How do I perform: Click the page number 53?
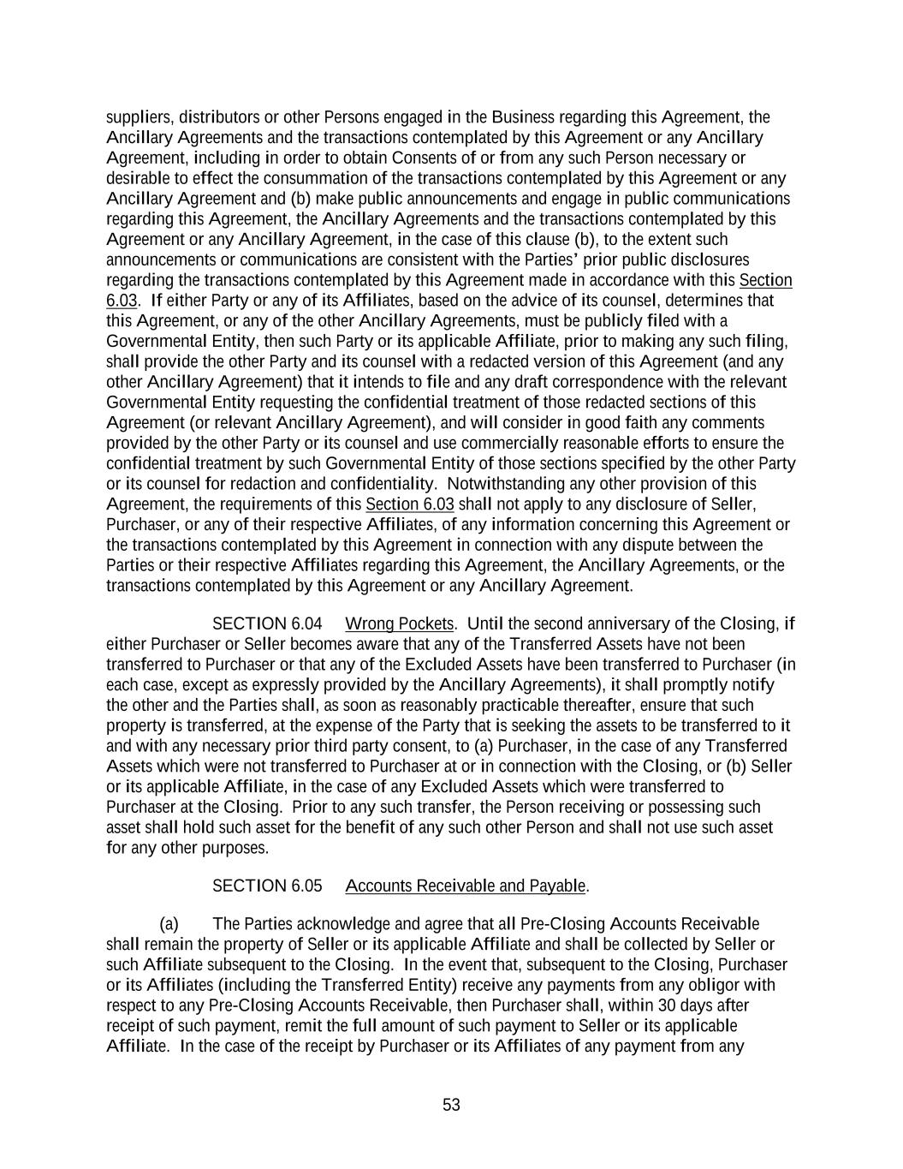click(x=451, y=1105)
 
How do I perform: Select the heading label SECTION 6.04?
click(x=267, y=623)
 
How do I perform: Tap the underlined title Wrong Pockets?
click(x=399, y=623)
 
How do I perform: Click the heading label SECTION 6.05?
click(x=267, y=886)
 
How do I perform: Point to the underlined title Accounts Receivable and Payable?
click(x=466, y=886)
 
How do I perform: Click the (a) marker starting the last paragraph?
click(x=169, y=923)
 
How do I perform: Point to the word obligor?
click(x=719, y=985)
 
